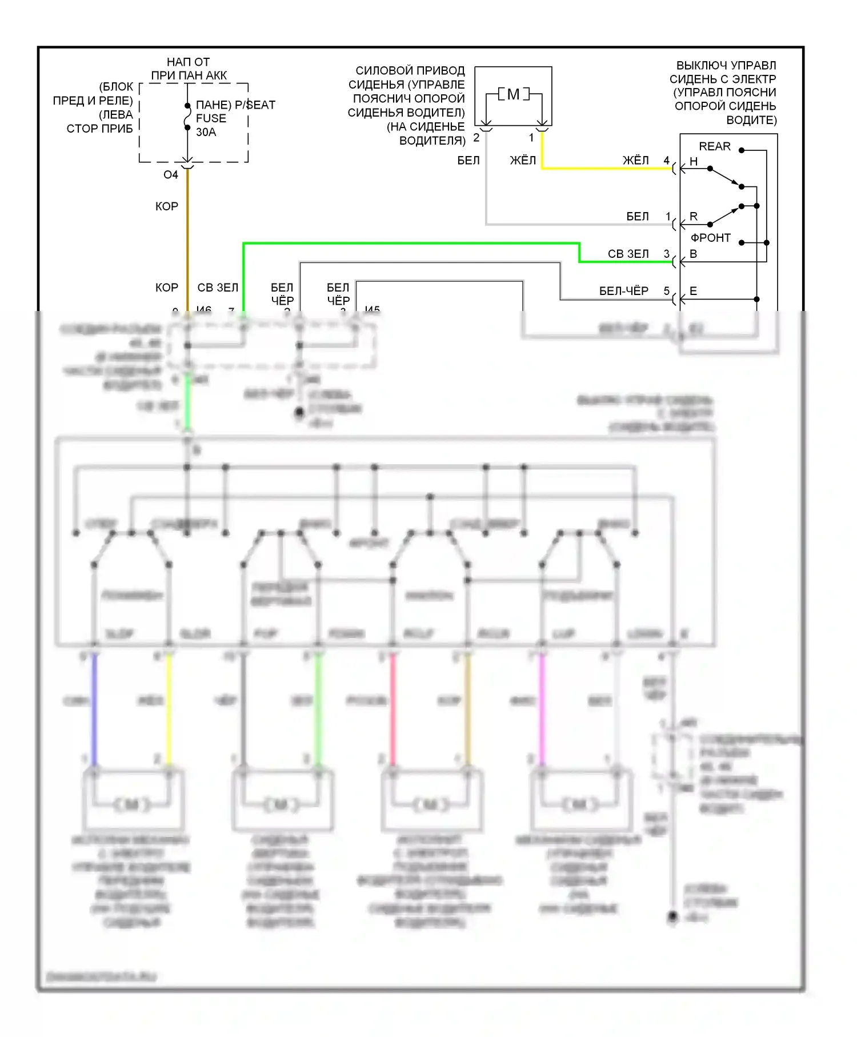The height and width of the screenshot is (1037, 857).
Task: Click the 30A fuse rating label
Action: [x=206, y=132]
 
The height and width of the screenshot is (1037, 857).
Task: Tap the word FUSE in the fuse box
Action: [x=211, y=118]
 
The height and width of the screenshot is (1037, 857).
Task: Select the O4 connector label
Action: [x=170, y=175]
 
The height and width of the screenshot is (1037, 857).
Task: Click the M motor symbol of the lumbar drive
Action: [x=513, y=94]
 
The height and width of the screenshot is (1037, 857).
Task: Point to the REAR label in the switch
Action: [x=714, y=146]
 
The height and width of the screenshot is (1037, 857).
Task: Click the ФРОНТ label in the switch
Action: [x=710, y=238]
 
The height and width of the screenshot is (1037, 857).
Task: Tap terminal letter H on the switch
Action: [x=693, y=162]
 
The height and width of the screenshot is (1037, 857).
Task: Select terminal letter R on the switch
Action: [x=693, y=217]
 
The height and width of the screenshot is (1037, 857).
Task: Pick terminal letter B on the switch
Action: [x=693, y=254]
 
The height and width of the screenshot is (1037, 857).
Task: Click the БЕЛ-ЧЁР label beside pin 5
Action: [x=623, y=291]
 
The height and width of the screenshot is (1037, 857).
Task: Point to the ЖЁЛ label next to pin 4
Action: [x=635, y=161]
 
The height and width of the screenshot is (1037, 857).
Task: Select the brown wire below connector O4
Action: [x=187, y=240]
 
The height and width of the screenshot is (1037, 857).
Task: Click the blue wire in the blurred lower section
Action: [x=94, y=709]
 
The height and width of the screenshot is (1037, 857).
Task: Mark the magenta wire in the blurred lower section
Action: [x=542, y=709]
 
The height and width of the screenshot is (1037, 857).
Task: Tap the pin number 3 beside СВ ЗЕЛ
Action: [x=666, y=253]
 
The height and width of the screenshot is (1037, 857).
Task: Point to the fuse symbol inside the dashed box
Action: [x=187, y=117]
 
